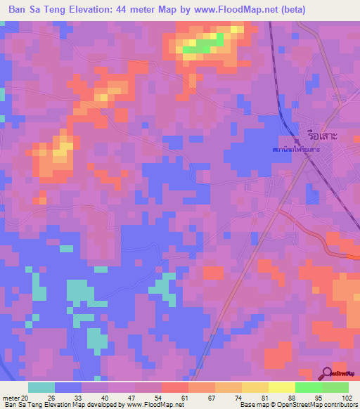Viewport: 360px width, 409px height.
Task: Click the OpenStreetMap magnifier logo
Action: (328, 375)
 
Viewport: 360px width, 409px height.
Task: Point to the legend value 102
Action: (347, 396)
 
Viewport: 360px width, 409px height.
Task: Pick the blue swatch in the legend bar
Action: (68, 387)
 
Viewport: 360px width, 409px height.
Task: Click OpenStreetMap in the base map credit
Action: (296, 405)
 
